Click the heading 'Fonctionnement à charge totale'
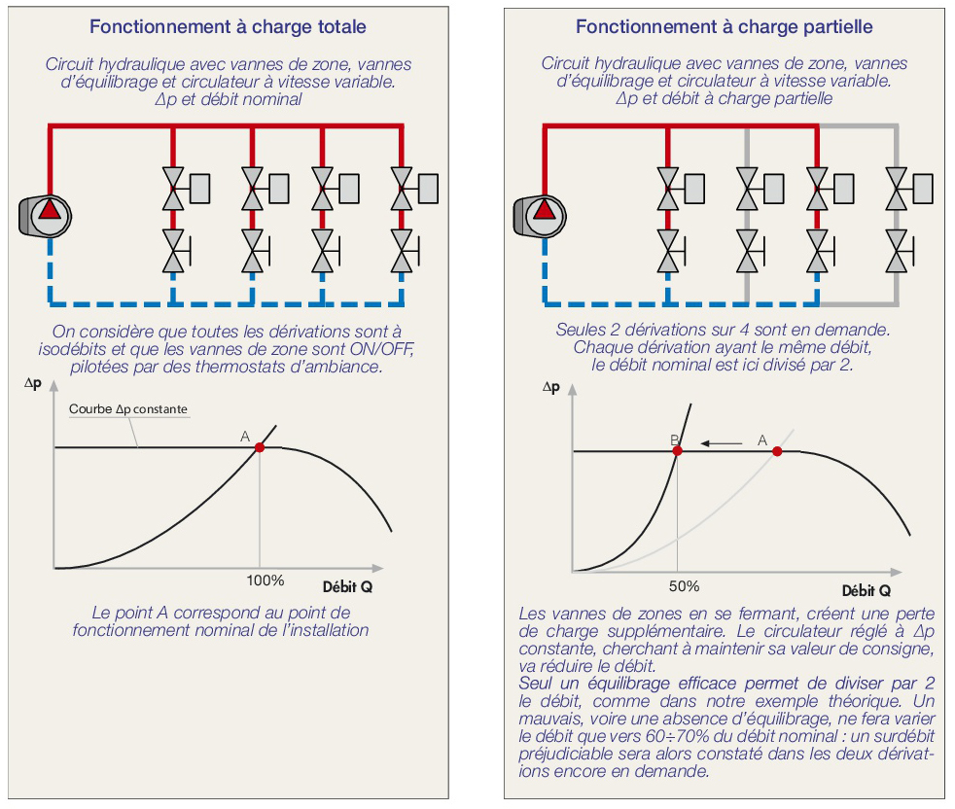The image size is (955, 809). [x=228, y=27]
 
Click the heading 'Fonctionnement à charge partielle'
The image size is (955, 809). [x=725, y=27]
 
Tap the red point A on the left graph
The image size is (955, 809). [x=260, y=447]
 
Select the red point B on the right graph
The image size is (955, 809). [x=677, y=451]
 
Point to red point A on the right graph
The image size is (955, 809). [x=777, y=451]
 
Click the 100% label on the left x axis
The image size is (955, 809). [x=265, y=580]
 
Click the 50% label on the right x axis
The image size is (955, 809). [x=684, y=586]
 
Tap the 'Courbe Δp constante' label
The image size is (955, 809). [x=128, y=408]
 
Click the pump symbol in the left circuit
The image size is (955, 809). [x=45, y=216]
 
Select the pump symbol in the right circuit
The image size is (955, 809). [x=540, y=216]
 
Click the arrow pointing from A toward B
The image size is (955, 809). [x=722, y=443]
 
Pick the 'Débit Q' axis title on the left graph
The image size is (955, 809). [x=347, y=586]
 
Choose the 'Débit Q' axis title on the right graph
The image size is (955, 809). [x=867, y=590]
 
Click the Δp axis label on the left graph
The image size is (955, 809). [x=33, y=383]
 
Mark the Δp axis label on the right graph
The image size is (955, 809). [x=551, y=387]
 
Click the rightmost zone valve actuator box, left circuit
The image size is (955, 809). [x=428, y=189]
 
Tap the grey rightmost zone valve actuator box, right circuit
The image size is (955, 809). [x=923, y=189]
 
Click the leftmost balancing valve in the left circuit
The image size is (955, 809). [x=174, y=251]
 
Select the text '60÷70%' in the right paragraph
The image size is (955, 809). [x=677, y=736]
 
